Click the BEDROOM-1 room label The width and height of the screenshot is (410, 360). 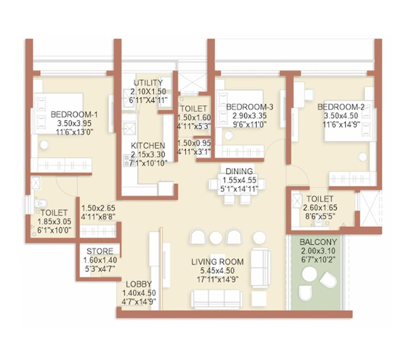[74, 115]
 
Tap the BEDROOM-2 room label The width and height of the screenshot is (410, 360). [341, 107]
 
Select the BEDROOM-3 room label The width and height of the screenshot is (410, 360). [250, 107]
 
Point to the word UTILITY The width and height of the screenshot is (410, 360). [148, 83]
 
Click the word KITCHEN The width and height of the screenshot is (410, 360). [148, 146]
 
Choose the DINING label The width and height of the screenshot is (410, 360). [239, 172]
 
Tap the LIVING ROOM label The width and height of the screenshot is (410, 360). [217, 261]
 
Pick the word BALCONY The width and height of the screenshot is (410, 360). [318, 242]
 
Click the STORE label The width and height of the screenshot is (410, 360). [100, 251]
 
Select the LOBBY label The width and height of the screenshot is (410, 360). [139, 284]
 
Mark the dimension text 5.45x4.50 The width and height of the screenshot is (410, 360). [217, 271]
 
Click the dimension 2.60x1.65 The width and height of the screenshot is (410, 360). [320, 207]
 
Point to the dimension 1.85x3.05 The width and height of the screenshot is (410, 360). [54, 222]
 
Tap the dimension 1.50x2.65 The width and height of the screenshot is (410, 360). [99, 208]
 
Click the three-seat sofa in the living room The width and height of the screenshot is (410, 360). [217, 299]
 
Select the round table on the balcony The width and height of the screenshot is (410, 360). [310, 274]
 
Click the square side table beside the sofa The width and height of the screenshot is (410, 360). [259, 299]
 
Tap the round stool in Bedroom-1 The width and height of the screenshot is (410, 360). [44, 145]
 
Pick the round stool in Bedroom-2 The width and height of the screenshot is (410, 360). [362, 157]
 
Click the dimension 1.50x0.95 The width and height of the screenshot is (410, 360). [194, 143]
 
